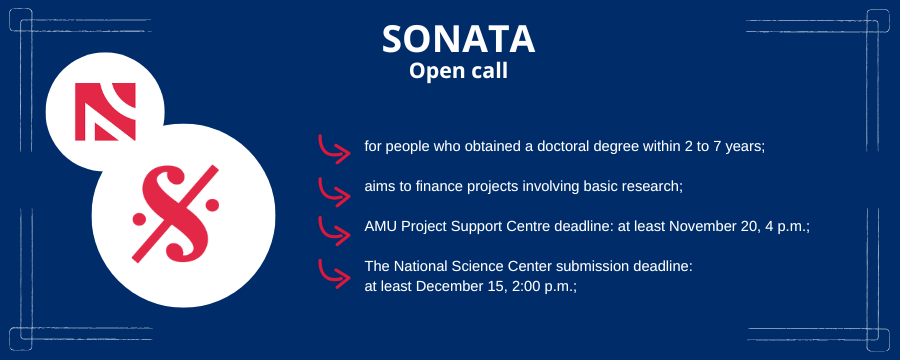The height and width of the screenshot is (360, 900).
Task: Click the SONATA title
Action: (458, 39)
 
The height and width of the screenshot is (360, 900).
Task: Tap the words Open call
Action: (458, 71)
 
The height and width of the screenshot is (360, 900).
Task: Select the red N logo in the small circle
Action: (105, 111)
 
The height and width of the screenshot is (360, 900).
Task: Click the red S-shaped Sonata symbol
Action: (175, 214)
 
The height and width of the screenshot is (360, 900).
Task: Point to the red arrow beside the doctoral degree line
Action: (334, 149)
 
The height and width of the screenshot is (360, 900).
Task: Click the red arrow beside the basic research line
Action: (334, 192)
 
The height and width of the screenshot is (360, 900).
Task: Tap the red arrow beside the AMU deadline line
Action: (334, 231)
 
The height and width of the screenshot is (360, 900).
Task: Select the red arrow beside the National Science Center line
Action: (334, 274)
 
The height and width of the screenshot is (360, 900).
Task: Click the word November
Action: (703, 227)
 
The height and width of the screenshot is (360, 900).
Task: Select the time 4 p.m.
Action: (785, 227)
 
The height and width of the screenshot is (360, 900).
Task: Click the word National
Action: (412, 266)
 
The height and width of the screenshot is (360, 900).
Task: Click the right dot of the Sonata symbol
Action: (212, 204)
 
